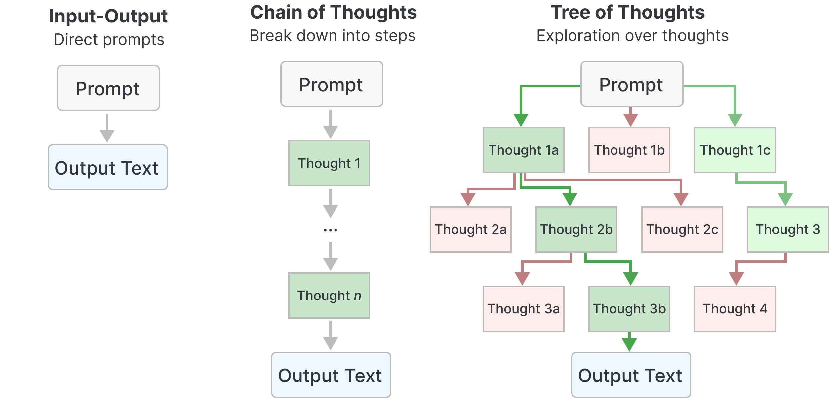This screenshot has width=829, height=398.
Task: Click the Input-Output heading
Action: coord(108,17)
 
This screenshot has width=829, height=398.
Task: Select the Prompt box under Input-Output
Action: coord(108,88)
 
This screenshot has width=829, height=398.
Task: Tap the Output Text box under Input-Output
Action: coord(107,167)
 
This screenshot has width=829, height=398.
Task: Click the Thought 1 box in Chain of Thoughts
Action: coord(329,163)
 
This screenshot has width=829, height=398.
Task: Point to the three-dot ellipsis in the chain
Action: coord(330,230)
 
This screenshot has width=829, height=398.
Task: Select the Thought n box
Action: coord(329,296)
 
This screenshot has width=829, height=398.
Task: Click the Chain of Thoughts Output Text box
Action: coord(331,375)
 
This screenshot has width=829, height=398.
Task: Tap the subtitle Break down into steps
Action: coord(332,36)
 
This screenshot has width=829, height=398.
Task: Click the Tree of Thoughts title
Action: coord(627,13)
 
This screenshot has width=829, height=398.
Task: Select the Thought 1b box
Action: coord(629,150)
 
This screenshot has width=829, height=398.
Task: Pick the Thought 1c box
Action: coord(735,150)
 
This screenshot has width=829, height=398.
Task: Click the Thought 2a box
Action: coord(470,229)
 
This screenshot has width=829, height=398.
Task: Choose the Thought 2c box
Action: coord(682,229)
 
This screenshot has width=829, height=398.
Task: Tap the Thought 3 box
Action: coord(788,229)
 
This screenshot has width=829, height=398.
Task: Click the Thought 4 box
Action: coord(735,309)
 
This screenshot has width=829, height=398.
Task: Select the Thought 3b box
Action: coord(629,309)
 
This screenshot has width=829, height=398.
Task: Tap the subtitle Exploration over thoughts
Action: coord(632,36)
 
